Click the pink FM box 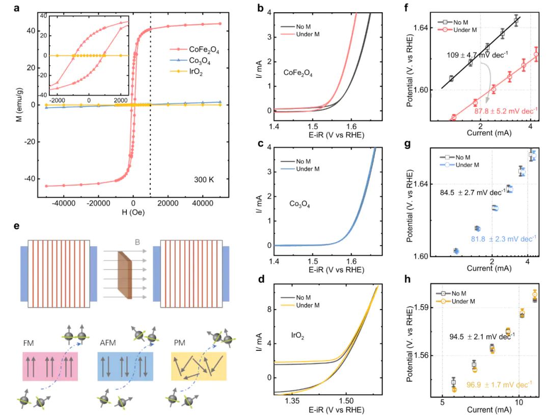tap(50, 366)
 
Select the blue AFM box tap(125, 366)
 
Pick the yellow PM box tap(199, 366)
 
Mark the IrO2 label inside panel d tap(297, 334)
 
